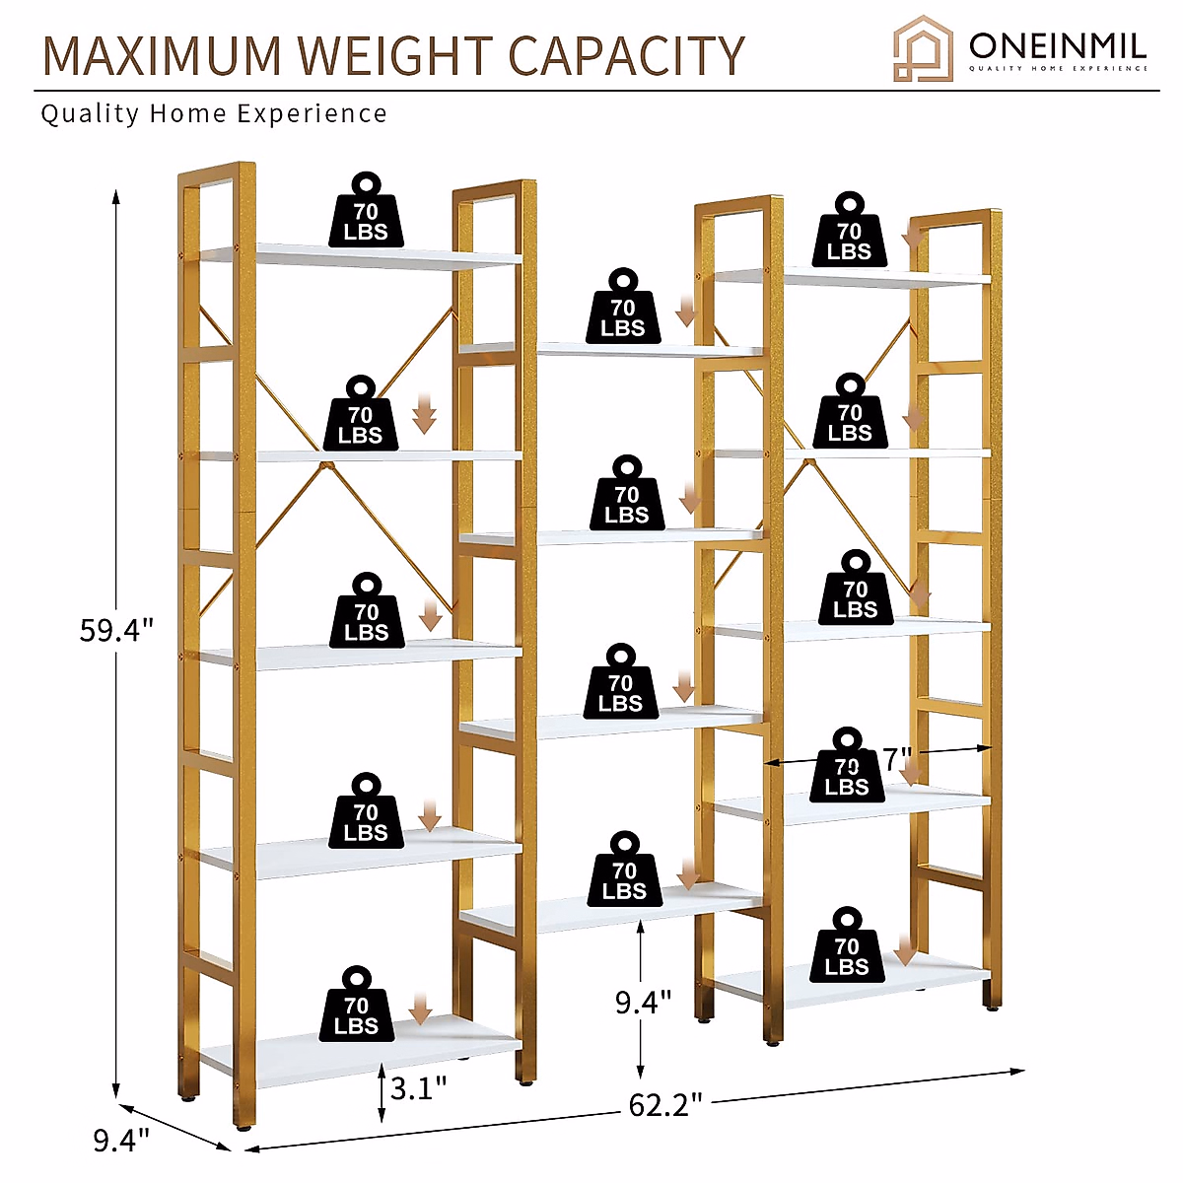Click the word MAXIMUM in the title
pos(163,55)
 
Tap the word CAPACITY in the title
pos(627,55)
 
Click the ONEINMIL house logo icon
pos(923,47)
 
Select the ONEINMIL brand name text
pos(1057,45)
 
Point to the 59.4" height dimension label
pos(116,630)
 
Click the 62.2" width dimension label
pos(665,1105)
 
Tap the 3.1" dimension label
pos(418,1088)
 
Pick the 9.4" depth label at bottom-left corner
pos(121,1141)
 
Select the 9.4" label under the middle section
pos(643,1002)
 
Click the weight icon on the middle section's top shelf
pos(623,308)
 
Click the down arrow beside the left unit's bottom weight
pos(421,1009)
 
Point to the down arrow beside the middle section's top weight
pos(686,313)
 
